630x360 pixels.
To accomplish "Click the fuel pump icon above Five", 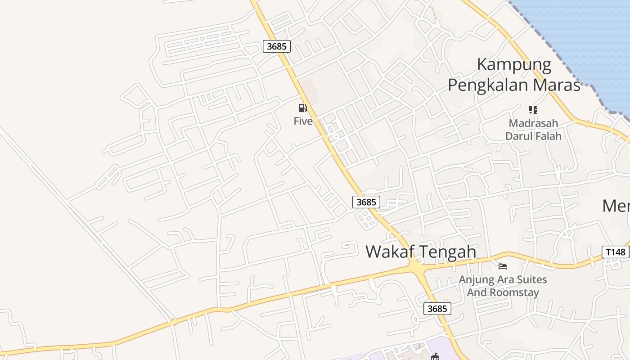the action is coord(302,108).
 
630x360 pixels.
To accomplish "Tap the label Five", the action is coord(303,121).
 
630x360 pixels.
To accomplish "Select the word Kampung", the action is coord(514,64).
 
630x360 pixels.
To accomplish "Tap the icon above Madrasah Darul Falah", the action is coord(533,110).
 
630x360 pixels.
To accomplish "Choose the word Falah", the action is coord(547,136).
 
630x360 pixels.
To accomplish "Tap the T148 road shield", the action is coord(615,252).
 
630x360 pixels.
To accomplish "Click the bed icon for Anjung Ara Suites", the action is coord(503,266).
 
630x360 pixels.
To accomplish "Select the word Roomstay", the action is coord(514,292).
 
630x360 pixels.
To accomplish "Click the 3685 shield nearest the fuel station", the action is coord(276,46).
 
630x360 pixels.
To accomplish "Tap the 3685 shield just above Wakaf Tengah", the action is coord(366,202).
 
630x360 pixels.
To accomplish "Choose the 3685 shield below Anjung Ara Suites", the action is coord(437,309).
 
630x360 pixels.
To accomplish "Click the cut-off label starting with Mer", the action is coord(616,206).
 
